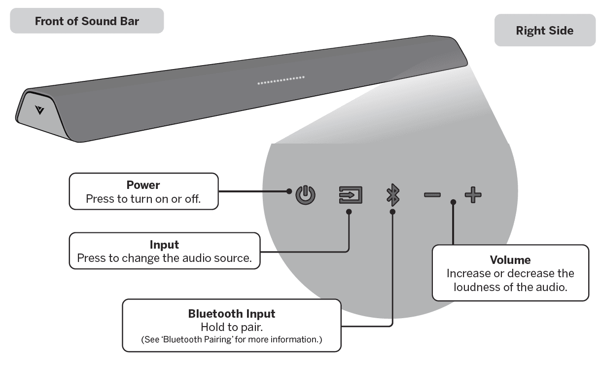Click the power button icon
coord(305,195)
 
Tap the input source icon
coord(351,195)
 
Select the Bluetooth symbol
coord(392,195)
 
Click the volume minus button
coord(432,195)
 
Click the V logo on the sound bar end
coord(40,110)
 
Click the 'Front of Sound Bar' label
coord(87,21)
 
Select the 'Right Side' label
coord(544,31)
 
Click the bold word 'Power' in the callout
coord(143,185)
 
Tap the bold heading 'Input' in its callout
coord(164,245)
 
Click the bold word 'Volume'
coord(510,260)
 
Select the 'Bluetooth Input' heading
coord(232,314)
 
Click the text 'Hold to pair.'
coord(231,327)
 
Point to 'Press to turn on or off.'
coord(143,199)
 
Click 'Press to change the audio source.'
coord(164,258)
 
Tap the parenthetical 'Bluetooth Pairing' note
coord(232,340)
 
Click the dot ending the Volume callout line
coord(453,202)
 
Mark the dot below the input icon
coord(349,212)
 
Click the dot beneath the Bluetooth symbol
coord(392,212)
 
